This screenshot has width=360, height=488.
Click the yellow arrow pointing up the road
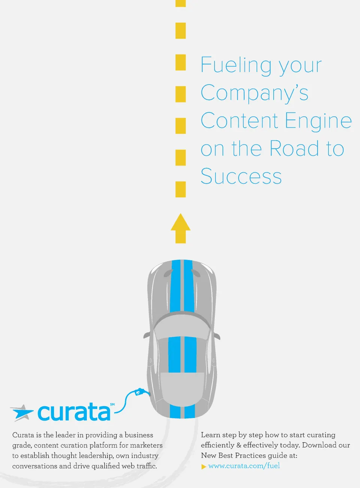pyautogui.click(x=180, y=228)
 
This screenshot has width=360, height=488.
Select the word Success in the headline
pyautogui.click(x=241, y=176)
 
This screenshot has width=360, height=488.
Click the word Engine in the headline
pyautogui.click(x=318, y=121)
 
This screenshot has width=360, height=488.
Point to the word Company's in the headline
pyautogui.click(x=255, y=93)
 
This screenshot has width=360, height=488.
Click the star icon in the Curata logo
pyautogui.click(x=22, y=413)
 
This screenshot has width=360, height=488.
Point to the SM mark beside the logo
pyautogui.click(x=112, y=404)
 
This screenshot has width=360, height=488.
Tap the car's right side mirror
pyautogui.click(x=217, y=336)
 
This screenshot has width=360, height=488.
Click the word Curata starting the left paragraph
pyautogui.click(x=23, y=435)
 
